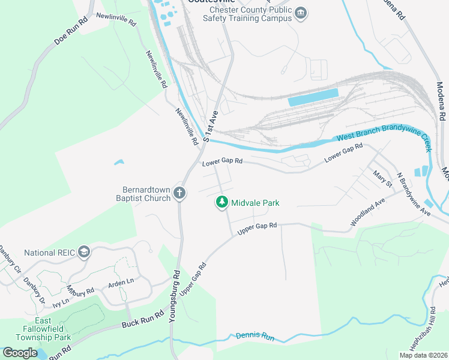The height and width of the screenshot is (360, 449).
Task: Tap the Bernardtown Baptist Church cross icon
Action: point(179,193)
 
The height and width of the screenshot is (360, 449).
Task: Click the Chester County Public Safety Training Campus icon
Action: point(301,13)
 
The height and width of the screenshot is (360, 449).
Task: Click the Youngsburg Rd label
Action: point(175,296)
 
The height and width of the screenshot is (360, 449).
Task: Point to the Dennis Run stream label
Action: point(255,337)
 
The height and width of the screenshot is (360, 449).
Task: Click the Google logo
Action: point(20,353)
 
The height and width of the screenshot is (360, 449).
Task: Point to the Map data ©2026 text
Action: point(423,355)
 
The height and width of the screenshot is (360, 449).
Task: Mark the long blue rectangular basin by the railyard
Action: point(313,97)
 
